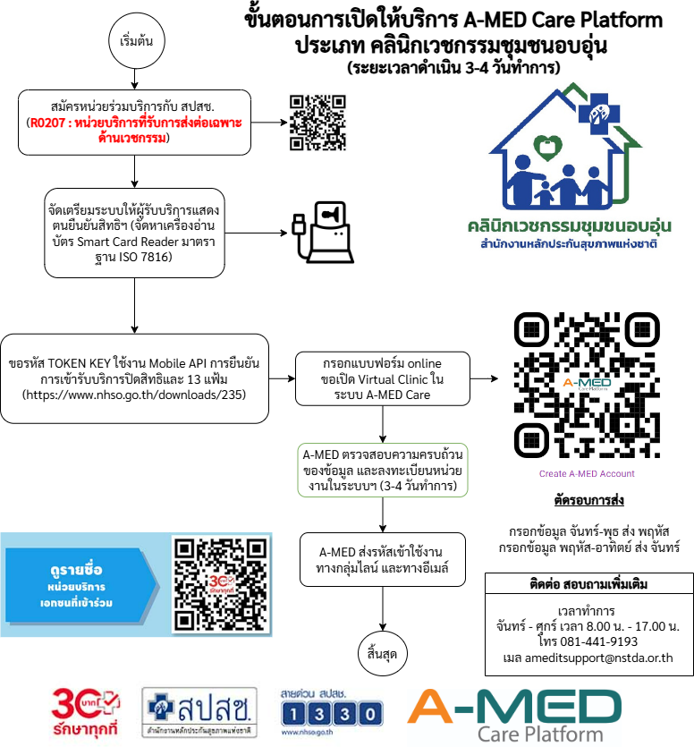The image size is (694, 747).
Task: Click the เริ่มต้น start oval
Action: point(135,42)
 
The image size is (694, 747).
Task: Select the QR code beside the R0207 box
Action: point(317,123)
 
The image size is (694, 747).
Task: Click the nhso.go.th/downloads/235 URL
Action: point(135,394)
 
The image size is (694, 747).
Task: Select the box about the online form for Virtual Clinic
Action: point(383,379)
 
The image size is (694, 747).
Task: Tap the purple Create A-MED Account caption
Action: point(587,474)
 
